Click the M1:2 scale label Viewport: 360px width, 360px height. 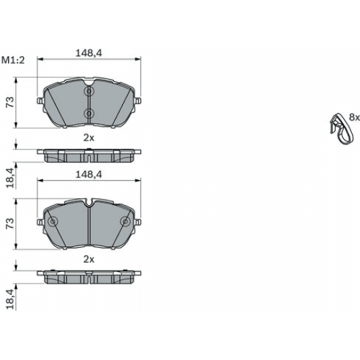pyautogui.click(x=13, y=60)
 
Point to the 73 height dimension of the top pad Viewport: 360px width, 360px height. pyautogui.click(x=10, y=102)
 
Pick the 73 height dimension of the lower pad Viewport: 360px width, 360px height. pyautogui.click(x=10, y=225)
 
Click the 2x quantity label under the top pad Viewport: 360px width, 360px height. pyautogui.click(x=88, y=137)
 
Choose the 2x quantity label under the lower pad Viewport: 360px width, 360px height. pyautogui.click(x=88, y=259)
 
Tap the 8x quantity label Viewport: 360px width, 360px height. pyautogui.click(x=354, y=117)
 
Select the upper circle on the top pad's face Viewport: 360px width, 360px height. pyautogui.click(x=89, y=92)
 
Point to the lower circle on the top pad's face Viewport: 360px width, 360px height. pyautogui.click(x=89, y=113)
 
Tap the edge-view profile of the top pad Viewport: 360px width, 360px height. pyautogui.click(x=89, y=155)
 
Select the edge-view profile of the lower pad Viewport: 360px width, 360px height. pyautogui.click(x=89, y=277)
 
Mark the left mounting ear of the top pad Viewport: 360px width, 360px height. pyautogui.click(x=41, y=102)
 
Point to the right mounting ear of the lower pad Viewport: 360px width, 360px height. pyautogui.click(x=138, y=223)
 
